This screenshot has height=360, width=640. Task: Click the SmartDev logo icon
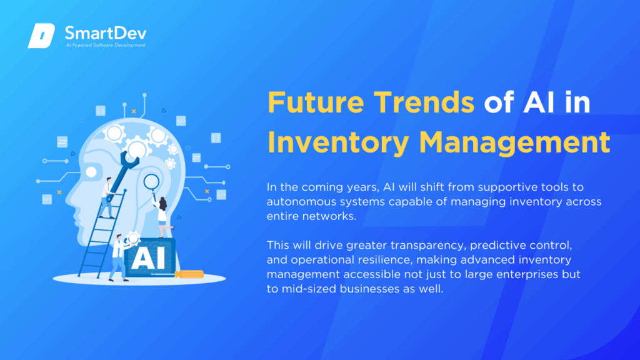pyautogui.click(x=41, y=36)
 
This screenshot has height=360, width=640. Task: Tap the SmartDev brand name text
pyautogui.click(x=105, y=32)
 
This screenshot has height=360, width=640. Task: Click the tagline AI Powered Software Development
pyautogui.click(x=105, y=45)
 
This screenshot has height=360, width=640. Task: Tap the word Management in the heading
pyautogui.click(x=515, y=143)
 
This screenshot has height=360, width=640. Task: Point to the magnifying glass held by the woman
pyautogui.click(x=151, y=184)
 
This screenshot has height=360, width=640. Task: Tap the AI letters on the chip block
pyautogui.click(x=148, y=258)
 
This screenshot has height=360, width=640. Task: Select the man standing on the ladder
pyautogui.click(x=107, y=197)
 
